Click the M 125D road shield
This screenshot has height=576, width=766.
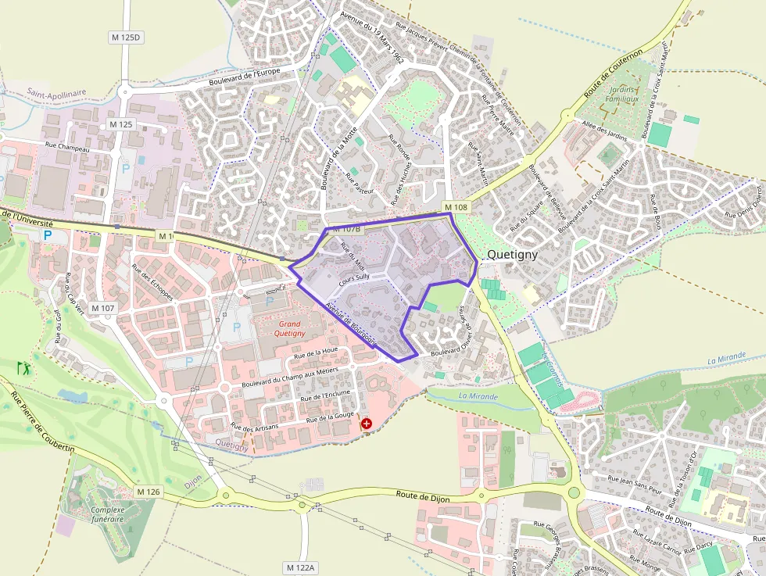[124, 37]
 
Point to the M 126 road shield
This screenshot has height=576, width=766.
[148, 492]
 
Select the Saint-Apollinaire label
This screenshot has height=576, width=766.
[56, 92]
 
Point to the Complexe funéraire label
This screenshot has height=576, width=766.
[108, 514]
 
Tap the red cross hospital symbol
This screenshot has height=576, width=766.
[366, 424]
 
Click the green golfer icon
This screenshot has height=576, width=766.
[23, 367]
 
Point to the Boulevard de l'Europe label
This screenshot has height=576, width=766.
[255, 77]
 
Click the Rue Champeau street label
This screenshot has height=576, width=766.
[68, 147]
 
